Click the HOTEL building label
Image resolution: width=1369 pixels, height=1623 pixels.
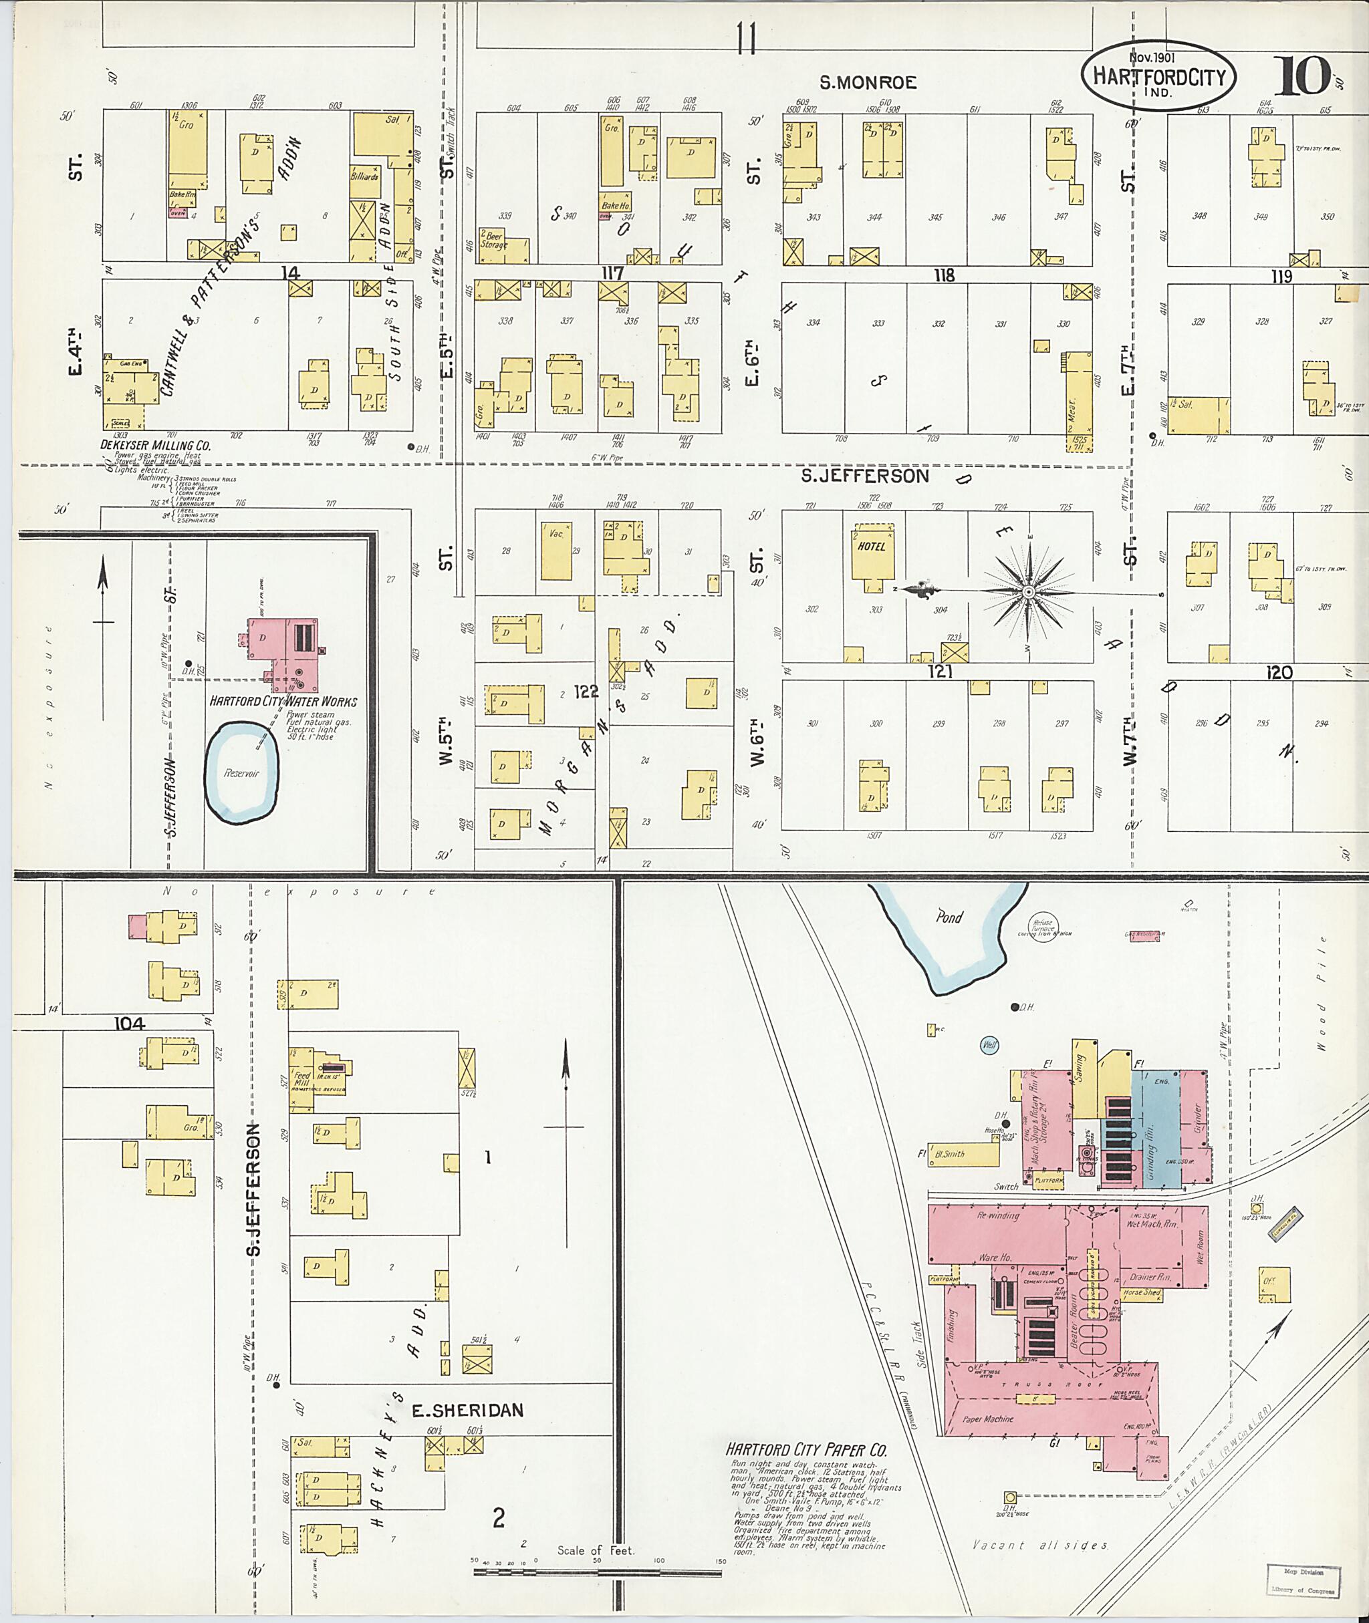(872, 546)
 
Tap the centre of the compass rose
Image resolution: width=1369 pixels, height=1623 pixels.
(1028, 593)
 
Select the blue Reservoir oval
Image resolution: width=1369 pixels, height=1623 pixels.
(241, 772)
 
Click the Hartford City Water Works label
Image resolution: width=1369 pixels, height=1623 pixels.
(283, 702)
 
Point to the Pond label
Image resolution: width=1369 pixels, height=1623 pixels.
(949, 917)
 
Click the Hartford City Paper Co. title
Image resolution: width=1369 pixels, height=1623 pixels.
(806, 1449)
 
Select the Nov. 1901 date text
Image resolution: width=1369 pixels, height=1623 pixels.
(1153, 57)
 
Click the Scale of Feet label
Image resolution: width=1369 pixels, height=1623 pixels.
(595, 1550)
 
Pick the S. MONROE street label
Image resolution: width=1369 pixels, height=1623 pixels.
(868, 82)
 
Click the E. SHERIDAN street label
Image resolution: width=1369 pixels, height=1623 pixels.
(467, 1411)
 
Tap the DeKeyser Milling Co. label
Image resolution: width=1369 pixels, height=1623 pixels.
(155, 446)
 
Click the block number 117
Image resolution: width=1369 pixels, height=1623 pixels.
(612, 273)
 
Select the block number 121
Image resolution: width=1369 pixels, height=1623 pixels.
(940, 672)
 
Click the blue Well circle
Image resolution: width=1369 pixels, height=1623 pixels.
(989, 1045)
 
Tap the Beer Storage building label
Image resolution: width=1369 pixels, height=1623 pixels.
(493, 240)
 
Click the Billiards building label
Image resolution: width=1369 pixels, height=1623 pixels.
(364, 177)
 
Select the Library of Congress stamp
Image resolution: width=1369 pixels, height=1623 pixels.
(1303, 1580)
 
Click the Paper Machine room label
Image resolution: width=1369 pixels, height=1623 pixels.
(987, 1419)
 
